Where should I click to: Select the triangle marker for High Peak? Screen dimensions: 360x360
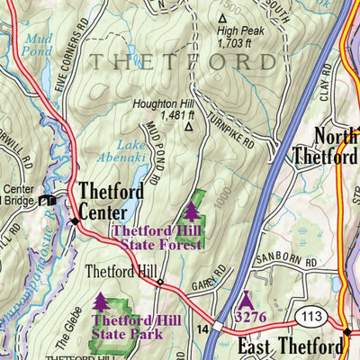222,17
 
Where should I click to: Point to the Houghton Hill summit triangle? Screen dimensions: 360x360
188,127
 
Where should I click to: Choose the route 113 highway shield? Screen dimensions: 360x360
310,316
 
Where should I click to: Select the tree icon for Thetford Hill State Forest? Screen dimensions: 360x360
192,211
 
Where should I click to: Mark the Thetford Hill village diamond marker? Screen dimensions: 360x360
160,283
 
